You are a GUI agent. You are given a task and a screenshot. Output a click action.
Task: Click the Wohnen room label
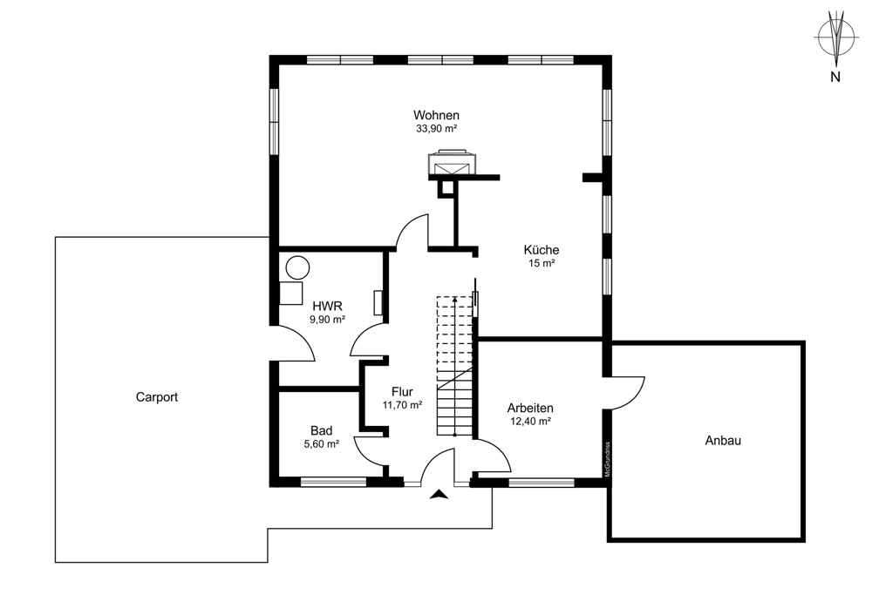click(x=436, y=115)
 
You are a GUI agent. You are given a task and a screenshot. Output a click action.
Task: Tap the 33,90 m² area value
click(x=436, y=129)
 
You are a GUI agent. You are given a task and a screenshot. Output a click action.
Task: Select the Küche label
click(x=542, y=250)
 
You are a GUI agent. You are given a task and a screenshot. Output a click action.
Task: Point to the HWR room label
click(x=327, y=306)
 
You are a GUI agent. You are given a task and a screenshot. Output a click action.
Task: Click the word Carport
click(x=157, y=397)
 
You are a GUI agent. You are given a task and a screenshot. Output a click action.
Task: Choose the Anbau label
click(x=723, y=441)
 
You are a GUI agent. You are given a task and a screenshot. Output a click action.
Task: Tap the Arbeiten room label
click(x=530, y=408)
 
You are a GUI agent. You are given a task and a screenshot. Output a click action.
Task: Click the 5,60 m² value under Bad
click(x=321, y=444)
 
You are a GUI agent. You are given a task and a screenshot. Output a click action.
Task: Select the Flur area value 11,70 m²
click(x=402, y=405)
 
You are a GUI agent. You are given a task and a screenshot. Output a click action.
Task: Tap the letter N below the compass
click(x=835, y=78)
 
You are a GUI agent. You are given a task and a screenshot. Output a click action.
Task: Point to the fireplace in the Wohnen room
click(x=451, y=163)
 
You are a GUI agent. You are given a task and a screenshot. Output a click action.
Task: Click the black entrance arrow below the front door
click(x=439, y=495)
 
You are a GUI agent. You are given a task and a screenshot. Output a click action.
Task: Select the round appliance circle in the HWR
click(x=298, y=266)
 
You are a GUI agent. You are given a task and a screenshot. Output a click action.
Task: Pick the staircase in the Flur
click(x=455, y=366)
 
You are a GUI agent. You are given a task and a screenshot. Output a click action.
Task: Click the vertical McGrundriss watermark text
click(x=607, y=458)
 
